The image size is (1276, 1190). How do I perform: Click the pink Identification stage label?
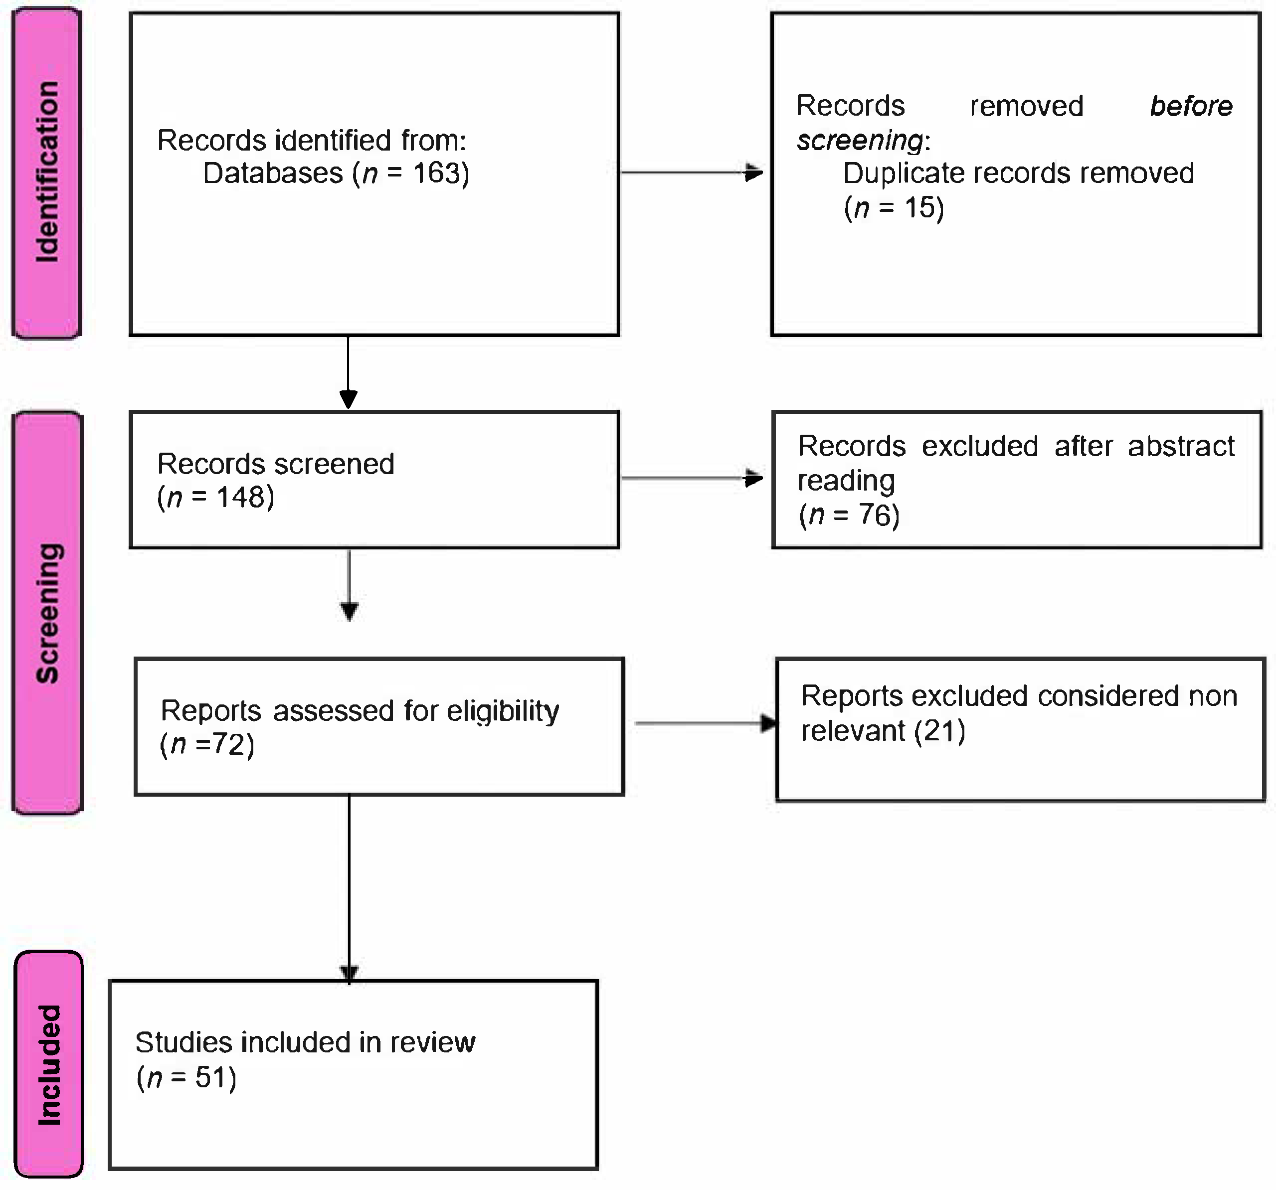point(47,172)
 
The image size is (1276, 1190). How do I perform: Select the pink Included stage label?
point(49,1065)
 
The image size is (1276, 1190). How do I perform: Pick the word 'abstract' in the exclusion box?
point(1180,446)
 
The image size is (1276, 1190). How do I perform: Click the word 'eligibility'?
point(503,710)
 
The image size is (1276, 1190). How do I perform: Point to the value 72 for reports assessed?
point(229,744)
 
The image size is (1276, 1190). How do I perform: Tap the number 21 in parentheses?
point(939,731)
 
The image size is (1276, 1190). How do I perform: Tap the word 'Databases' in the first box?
point(273,173)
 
